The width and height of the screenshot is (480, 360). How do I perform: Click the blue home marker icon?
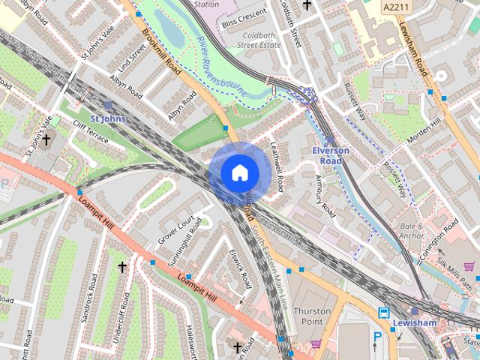pyautogui.click(x=238, y=172)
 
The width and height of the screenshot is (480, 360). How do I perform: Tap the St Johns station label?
pyautogui.click(x=108, y=118)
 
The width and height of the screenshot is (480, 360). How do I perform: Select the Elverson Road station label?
pyautogui.click(x=331, y=155)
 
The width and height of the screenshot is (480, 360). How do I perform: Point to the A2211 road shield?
pyautogui.click(x=396, y=7)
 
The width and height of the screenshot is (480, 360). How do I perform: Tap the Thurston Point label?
pyautogui.click(x=312, y=316)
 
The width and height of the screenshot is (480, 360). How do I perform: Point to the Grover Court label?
pyautogui.click(x=175, y=229)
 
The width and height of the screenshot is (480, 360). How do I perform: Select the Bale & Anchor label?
pyautogui.click(x=411, y=231)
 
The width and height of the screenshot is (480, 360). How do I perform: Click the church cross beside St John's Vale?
pyautogui.click(x=46, y=139)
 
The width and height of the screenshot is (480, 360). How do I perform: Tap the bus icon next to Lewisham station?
pyautogui.click(x=384, y=313)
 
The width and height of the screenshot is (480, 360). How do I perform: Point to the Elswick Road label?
pyautogui.click(x=239, y=269)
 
